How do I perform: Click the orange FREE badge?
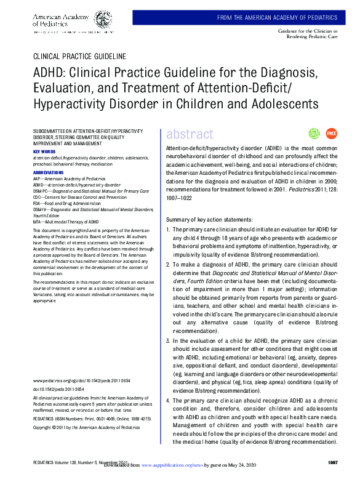(331, 133)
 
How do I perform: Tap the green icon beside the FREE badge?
(314, 133)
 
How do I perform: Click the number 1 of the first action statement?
(169, 229)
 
